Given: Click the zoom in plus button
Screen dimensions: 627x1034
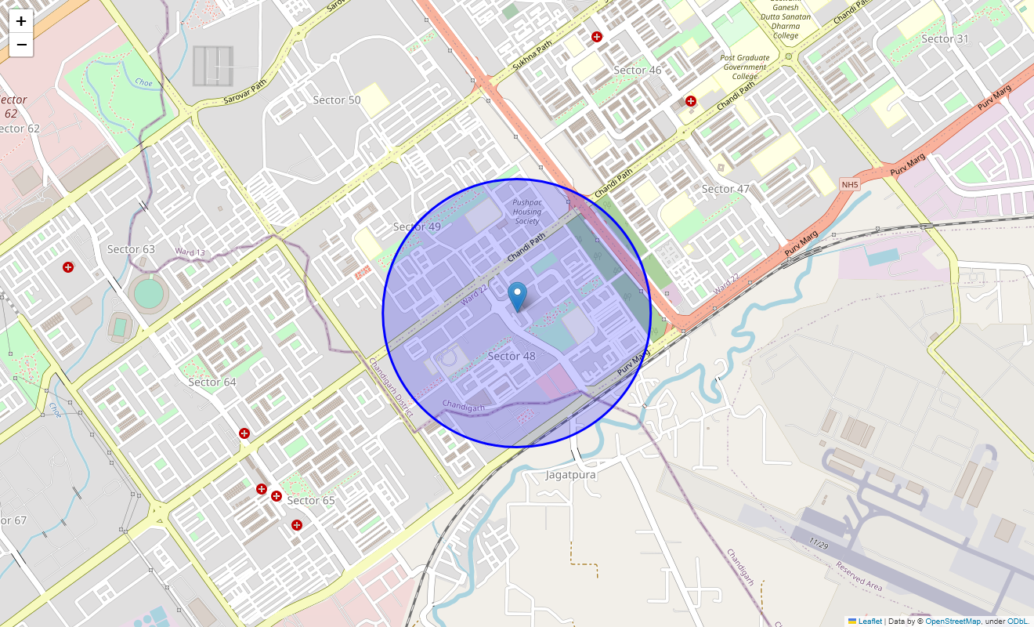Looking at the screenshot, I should pyautogui.click(x=21, y=21).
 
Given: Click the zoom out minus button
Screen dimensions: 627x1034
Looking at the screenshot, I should pyautogui.click(x=21, y=45).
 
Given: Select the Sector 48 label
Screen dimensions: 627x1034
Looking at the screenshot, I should pyautogui.click(x=512, y=357).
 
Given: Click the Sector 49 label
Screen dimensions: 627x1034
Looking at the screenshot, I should pyautogui.click(x=417, y=227).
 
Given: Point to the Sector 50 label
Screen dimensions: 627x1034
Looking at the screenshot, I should pyautogui.click(x=337, y=100).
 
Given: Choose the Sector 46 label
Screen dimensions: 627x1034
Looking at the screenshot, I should pyautogui.click(x=638, y=71).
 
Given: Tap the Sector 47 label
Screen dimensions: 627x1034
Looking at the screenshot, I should pyautogui.click(x=725, y=189).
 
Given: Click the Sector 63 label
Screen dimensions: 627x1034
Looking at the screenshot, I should pyautogui.click(x=131, y=249).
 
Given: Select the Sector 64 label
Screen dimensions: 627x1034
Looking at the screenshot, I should pyautogui.click(x=212, y=382).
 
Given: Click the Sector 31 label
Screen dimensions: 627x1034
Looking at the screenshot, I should pyautogui.click(x=945, y=39).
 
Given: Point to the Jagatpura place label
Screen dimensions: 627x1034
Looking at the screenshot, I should pyautogui.click(x=571, y=475).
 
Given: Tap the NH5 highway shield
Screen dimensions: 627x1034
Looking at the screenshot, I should pyautogui.click(x=850, y=184).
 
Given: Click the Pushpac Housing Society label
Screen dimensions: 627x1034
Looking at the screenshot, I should pyautogui.click(x=527, y=212).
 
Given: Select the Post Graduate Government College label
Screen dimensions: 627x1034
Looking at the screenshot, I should pyautogui.click(x=744, y=67).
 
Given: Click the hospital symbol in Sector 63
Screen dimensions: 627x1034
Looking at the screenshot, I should pyautogui.click(x=68, y=268).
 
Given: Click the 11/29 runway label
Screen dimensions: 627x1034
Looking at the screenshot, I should pyautogui.click(x=819, y=543).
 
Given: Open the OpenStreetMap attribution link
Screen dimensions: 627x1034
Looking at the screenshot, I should pyautogui.click(x=953, y=622).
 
